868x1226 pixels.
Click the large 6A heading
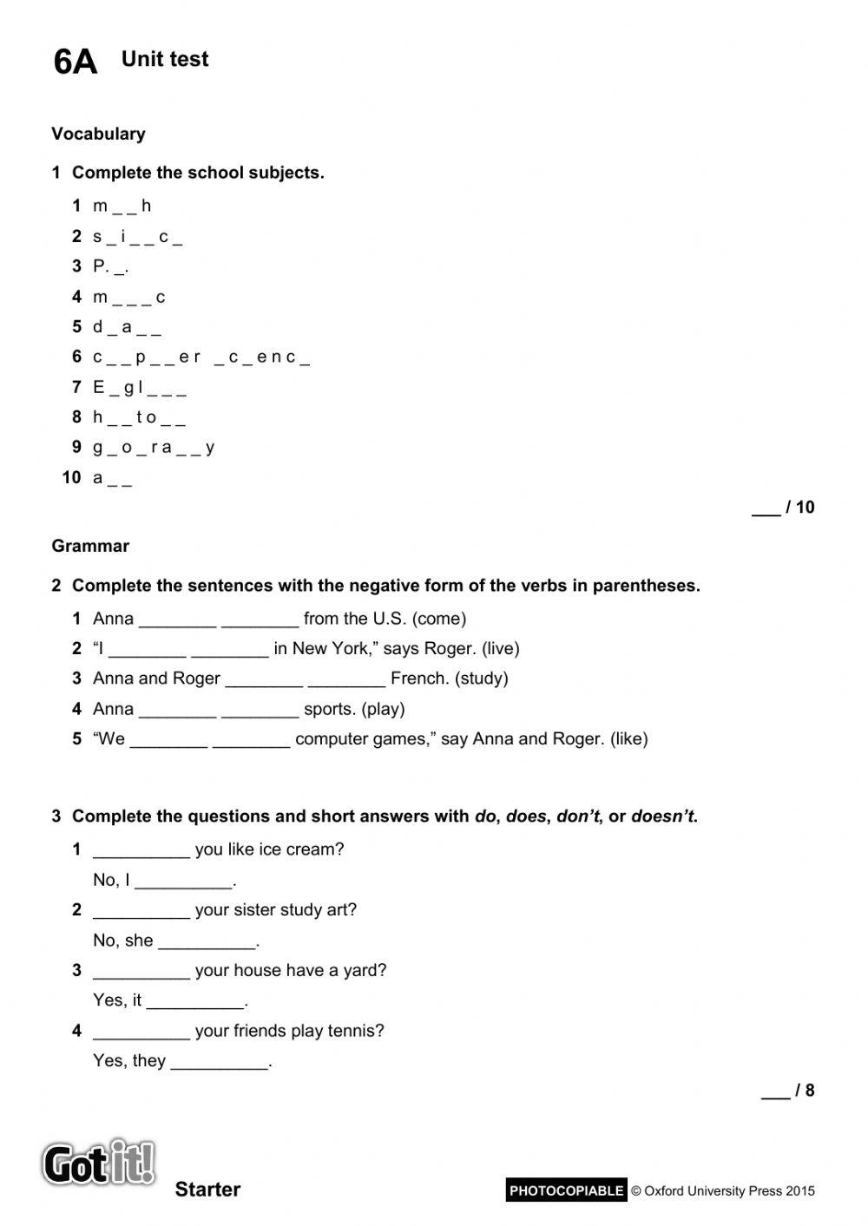pos(75,62)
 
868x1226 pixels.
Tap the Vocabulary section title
pos(98,134)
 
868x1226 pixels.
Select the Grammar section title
pos(90,546)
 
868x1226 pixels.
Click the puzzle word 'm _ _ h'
pos(122,206)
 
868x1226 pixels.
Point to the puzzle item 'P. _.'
pos(110,266)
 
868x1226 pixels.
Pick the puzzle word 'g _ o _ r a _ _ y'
pos(154,447)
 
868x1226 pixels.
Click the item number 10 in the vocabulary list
pos(71,477)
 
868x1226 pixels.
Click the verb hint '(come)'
pos(439,619)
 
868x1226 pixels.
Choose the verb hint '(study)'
pos(481,679)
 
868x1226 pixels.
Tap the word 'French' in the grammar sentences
pos(418,679)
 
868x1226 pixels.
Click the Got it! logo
pos(99,1163)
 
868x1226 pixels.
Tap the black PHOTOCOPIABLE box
pos(566,1190)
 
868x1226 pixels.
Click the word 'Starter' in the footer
pos(207,1190)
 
